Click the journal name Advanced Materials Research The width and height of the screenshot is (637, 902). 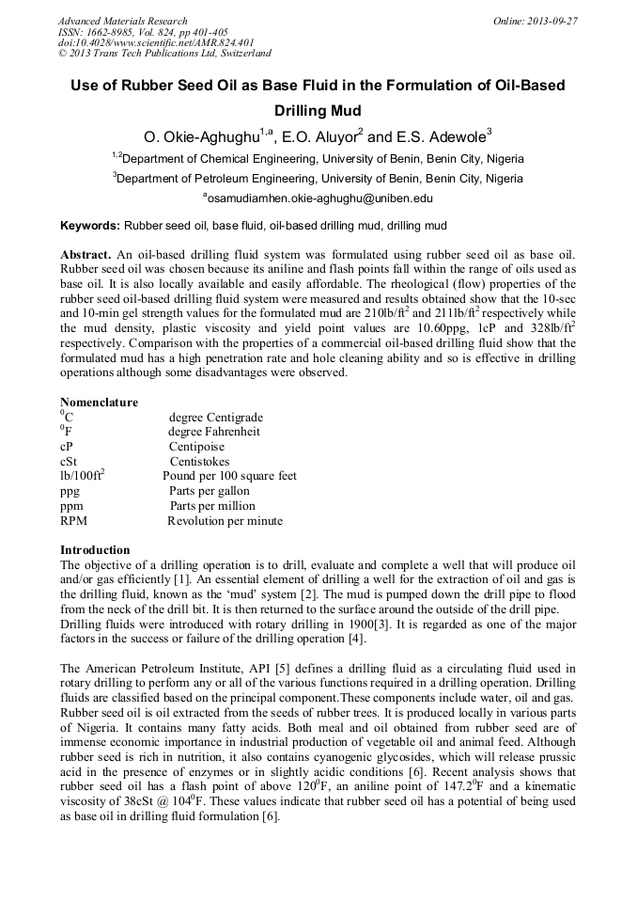(x=122, y=21)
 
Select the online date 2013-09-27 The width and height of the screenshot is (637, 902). (x=549, y=21)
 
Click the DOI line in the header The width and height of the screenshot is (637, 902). (x=156, y=42)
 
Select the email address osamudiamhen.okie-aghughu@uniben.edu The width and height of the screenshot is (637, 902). (x=318, y=198)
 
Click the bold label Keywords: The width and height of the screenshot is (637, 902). (x=90, y=226)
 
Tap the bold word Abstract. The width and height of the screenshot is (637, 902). (x=85, y=255)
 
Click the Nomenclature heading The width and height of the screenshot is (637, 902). (x=99, y=403)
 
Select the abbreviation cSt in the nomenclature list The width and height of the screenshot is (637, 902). (x=69, y=462)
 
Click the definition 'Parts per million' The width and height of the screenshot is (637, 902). (x=211, y=506)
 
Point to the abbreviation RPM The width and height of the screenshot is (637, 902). (x=73, y=521)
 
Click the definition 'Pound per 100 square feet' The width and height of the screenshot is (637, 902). (x=229, y=476)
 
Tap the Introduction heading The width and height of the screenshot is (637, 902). (x=95, y=550)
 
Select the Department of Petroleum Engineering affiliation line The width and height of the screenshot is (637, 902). (x=318, y=178)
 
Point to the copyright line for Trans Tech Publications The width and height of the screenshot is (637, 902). (x=164, y=54)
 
